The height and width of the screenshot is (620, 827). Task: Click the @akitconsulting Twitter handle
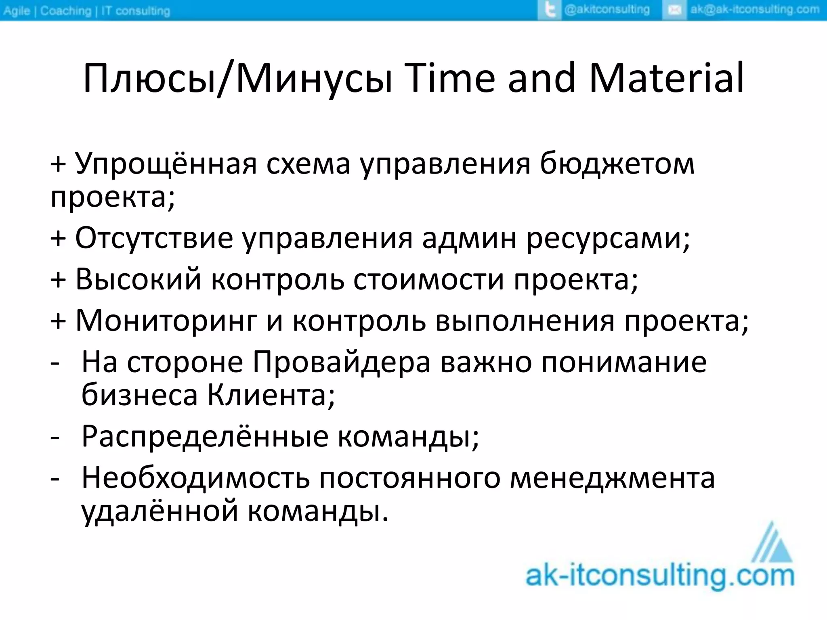(x=607, y=10)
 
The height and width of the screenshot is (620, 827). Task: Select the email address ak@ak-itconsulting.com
(x=755, y=10)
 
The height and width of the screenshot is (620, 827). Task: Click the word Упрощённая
(x=166, y=163)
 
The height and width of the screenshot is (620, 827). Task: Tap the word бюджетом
(x=617, y=163)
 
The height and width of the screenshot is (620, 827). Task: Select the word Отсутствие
(x=154, y=238)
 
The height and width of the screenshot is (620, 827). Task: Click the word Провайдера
(x=342, y=362)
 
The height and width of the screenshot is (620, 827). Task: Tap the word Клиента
(x=271, y=395)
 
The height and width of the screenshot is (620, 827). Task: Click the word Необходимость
(x=196, y=478)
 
